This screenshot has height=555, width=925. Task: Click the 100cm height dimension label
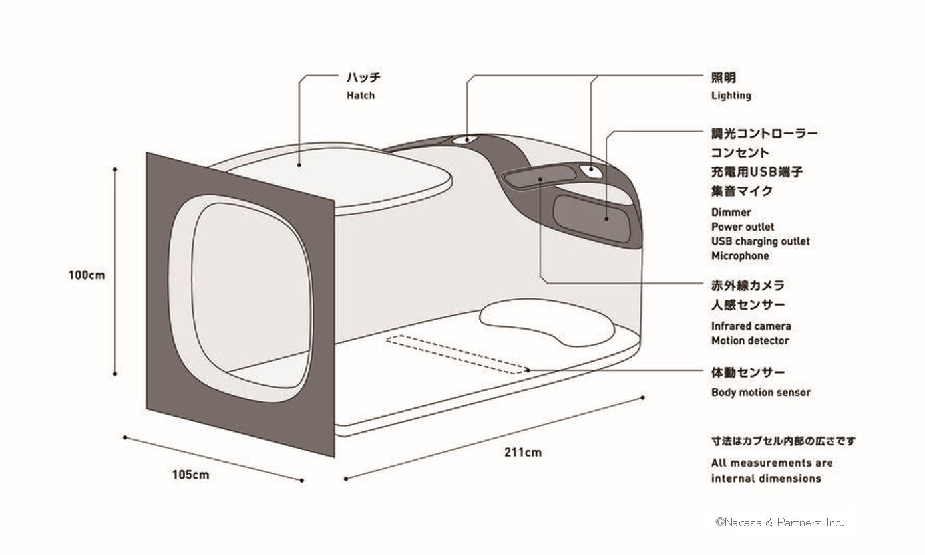point(87,275)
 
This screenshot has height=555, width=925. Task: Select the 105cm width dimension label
point(190,475)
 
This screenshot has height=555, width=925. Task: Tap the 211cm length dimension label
point(524,453)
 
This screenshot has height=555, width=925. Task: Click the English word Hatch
point(360,96)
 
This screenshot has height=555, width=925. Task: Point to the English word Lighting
point(731,96)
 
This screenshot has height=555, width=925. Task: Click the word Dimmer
point(731,213)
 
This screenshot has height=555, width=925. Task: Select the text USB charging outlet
point(760,241)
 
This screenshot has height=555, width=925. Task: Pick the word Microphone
point(740,256)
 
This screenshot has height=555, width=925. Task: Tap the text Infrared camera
point(751,326)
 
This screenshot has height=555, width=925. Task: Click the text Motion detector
point(750,341)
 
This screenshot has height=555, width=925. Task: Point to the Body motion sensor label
point(761,393)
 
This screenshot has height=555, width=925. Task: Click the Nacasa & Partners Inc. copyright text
point(779,522)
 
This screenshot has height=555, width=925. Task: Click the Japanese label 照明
point(723,78)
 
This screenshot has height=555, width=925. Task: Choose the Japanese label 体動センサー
point(748,372)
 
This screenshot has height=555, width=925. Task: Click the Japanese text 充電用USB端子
point(757,171)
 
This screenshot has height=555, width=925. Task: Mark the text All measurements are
point(771,463)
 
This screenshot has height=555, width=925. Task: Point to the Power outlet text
point(743,227)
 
